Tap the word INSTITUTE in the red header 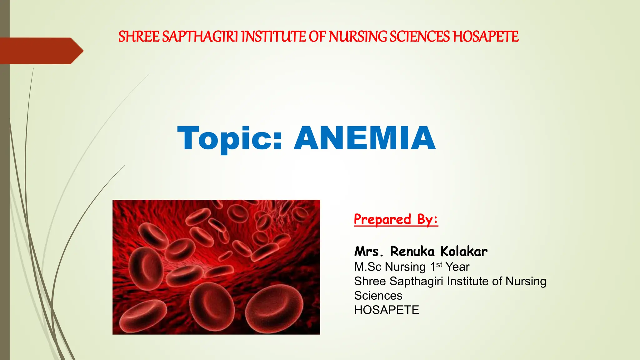(273, 37)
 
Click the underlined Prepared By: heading (396, 219)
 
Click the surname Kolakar (464, 252)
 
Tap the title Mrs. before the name (368, 252)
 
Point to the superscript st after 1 (439, 265)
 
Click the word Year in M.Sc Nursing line (457, 267)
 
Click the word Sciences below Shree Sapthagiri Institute (378, 296)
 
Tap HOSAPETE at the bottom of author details (387, 310)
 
